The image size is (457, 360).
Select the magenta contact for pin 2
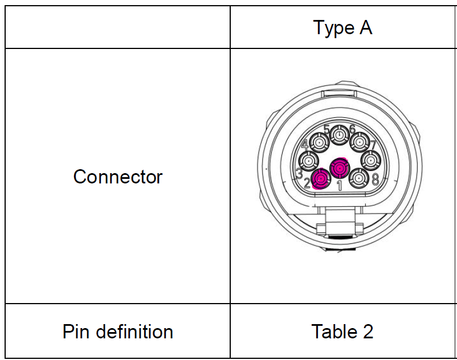click(x=321, y=179)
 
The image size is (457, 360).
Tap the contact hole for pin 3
click(x=309, y=160)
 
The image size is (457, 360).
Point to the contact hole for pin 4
click(x=320, y=142)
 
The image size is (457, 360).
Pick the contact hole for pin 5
click(x=340, y=136)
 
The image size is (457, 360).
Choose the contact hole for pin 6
click(x=359, y=141)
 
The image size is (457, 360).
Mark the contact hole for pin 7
click(x=371, y=159)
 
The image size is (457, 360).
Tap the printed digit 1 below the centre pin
click(x=340, y=185)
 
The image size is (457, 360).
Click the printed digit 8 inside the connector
click(x=375, y=179)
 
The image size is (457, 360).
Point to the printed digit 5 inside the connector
click(x=327, y=129)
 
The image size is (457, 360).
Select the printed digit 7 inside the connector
click(x=373, y=145)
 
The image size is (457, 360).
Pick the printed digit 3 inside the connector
click(x=299, y=173)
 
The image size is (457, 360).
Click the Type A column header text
click(x=342, y=27)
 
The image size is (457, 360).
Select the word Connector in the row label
click(x=118, y=177)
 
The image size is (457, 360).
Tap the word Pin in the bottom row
click(x=77, y=332)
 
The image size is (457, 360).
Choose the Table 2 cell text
click(x=342, y=332)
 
